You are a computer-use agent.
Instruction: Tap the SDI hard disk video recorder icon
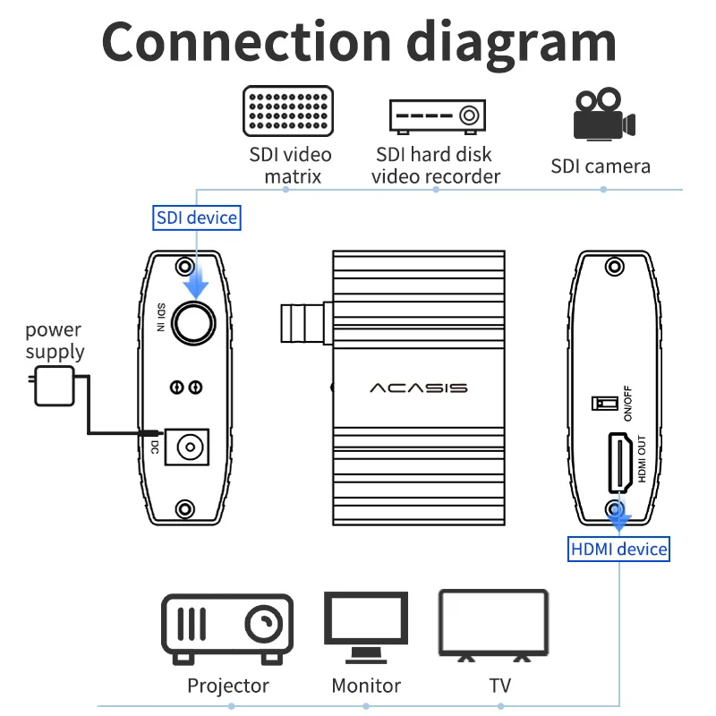click(x=436, y=115)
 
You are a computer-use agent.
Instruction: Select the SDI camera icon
click(x=603, y=115)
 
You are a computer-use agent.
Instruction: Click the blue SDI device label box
click(x=197, y=217)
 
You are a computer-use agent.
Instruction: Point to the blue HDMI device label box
click(x=619, y=549)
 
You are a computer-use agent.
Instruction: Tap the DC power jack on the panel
click(x=189, y=445)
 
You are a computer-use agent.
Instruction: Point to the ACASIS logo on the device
click(x=419, y=388)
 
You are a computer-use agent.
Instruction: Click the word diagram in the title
click(x=510, y=43)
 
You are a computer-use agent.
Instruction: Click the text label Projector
click(x=228, y=686)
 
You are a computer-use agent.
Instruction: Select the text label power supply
click(x=54, y=341)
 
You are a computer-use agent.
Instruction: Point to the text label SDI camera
click(x=601, y=166)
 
